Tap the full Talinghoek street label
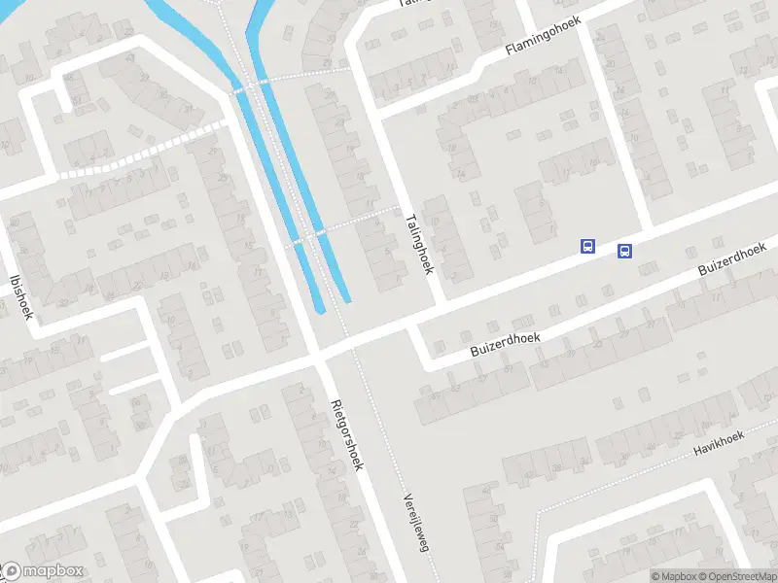[x=419, y=245]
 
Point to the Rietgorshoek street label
[x=346, y=434]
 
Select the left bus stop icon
[x=587, y=246]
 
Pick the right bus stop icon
[x=624, y=251]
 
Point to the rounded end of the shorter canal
[x=346, y=297]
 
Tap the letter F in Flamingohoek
[x=507, y=54]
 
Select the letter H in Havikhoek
[x=696, y=452]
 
